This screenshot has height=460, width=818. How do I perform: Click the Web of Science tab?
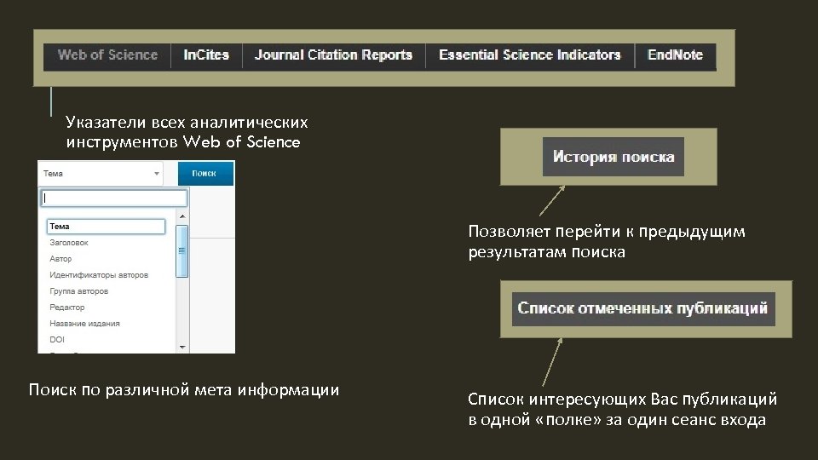[107, 55]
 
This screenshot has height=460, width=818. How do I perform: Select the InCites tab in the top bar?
[206, 55]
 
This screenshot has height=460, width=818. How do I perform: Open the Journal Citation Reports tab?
[333, 55]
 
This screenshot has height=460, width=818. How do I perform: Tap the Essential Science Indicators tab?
[529, 55]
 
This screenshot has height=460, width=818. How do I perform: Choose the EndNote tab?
[675, 55]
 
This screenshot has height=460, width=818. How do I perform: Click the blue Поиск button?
[204, 173]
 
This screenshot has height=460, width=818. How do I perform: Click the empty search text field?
[113, 198]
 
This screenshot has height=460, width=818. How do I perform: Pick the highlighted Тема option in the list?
[104, 227]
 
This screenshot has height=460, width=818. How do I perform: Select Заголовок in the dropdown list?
[69, 243]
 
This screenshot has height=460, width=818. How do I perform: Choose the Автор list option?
[60, 259]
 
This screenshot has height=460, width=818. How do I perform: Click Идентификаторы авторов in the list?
[99, 275]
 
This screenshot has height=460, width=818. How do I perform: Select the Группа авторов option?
[78, 291]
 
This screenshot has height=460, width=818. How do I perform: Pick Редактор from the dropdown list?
[67, 308]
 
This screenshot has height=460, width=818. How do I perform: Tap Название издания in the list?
[84, 324]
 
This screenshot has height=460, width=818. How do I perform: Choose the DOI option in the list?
[57, 340]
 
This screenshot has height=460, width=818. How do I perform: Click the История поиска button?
[613, 157]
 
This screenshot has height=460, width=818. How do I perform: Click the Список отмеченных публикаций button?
[643, 308]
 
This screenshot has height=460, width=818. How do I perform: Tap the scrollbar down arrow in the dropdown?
[181, 347]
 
